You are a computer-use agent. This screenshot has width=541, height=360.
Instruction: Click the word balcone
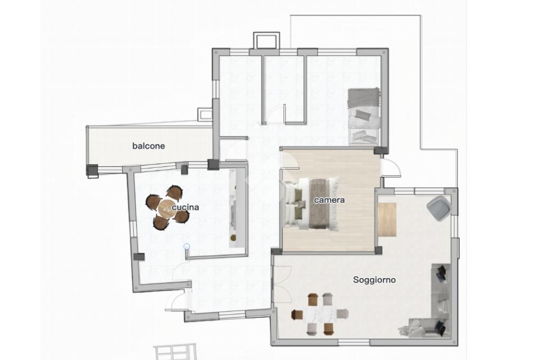148,146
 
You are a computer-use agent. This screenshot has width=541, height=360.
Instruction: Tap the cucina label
185,207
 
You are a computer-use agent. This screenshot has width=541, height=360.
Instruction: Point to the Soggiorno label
375,280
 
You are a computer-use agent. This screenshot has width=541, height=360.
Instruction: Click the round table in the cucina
167,208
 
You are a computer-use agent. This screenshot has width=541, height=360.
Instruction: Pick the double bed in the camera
311,204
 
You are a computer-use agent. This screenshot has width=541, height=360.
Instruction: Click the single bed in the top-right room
363,116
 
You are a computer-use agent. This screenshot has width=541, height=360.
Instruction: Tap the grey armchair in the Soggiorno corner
439,208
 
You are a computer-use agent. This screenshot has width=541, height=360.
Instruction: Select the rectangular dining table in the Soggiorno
320,314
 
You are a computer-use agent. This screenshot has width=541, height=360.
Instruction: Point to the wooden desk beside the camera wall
387,219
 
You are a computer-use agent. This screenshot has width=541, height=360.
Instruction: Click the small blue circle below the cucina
186,246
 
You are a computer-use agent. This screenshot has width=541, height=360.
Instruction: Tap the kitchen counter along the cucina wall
233,208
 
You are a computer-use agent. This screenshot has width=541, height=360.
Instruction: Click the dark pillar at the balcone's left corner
92,170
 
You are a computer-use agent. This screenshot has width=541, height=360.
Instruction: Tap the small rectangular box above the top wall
266,40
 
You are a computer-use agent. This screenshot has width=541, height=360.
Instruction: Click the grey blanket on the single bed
363,97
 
